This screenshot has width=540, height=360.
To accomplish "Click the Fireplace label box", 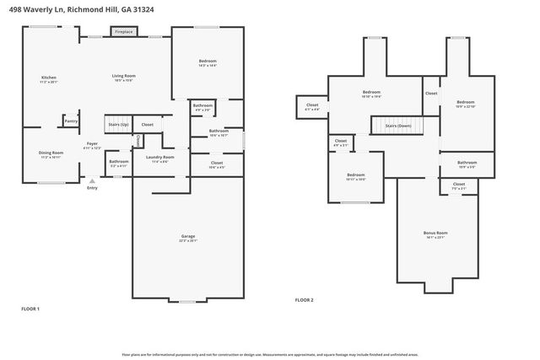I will tap(123, 31).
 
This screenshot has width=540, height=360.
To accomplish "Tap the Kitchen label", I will tap(48, 78).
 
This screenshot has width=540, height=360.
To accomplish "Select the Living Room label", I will tap(124, 78).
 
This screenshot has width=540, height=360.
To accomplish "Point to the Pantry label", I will tap(71, 121).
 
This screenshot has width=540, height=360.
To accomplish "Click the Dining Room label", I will tap(51, 153).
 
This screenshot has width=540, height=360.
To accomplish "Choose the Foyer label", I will tap(92, 146).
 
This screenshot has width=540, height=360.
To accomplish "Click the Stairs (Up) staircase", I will tap(117, 124).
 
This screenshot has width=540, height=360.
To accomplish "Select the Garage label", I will tap(187, 239).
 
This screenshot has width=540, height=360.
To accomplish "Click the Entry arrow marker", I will tap(92, 180).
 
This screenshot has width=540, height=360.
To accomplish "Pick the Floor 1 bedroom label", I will tap(207, 62).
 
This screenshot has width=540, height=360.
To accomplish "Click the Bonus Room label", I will tap(435, 234).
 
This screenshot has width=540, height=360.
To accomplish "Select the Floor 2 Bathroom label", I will tap(467, 164).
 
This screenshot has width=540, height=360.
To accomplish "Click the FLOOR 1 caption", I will tap(30, 309).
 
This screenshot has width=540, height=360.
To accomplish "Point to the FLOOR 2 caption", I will tap(304, 300).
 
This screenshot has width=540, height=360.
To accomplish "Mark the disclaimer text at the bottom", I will tap(269, 355).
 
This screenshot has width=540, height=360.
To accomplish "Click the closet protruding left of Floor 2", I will tap(311, 106).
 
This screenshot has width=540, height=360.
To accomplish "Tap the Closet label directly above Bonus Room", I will tap(458, 185).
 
